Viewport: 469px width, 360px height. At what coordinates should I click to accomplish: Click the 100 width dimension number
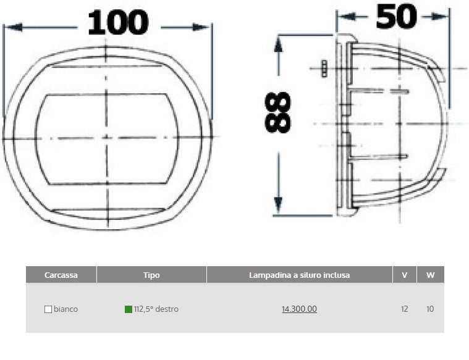click(x=118, y=22)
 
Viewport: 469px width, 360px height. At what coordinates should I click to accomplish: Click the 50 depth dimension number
click(x=396, y=17)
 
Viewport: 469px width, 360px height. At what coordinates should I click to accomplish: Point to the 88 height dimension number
click(x=278, y=112)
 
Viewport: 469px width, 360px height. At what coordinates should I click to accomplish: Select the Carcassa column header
click(x=61, y=275)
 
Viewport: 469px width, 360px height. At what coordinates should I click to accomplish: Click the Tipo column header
click(x=151, y=275)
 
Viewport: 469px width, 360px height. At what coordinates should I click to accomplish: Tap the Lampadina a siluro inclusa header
click(x=300, y=275)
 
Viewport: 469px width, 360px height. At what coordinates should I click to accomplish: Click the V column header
click(x=404, y=275)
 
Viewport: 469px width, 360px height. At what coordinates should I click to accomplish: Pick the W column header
click(x=430, y=275)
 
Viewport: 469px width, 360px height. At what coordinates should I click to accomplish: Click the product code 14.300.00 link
click(x=300, y=309)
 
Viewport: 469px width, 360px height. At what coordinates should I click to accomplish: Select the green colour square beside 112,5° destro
click(x=129, y=309)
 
